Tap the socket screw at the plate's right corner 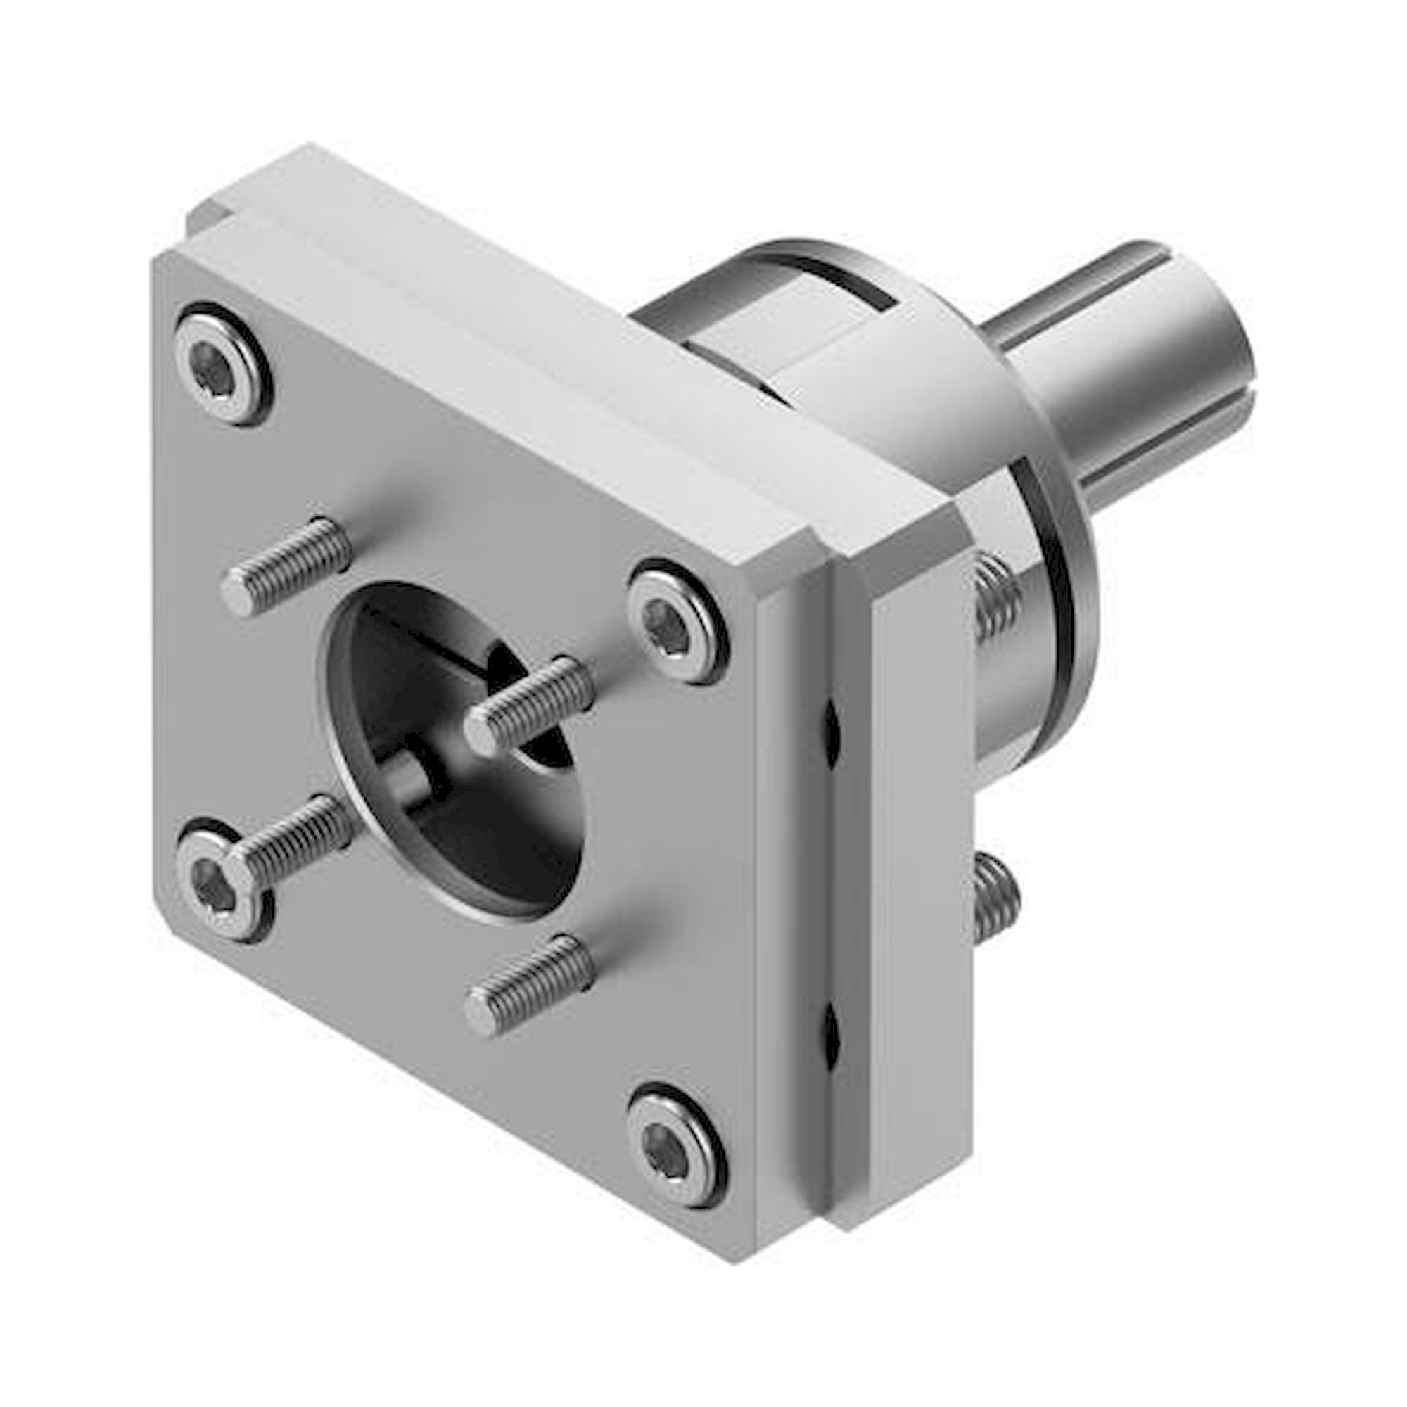tap(677, 621)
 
